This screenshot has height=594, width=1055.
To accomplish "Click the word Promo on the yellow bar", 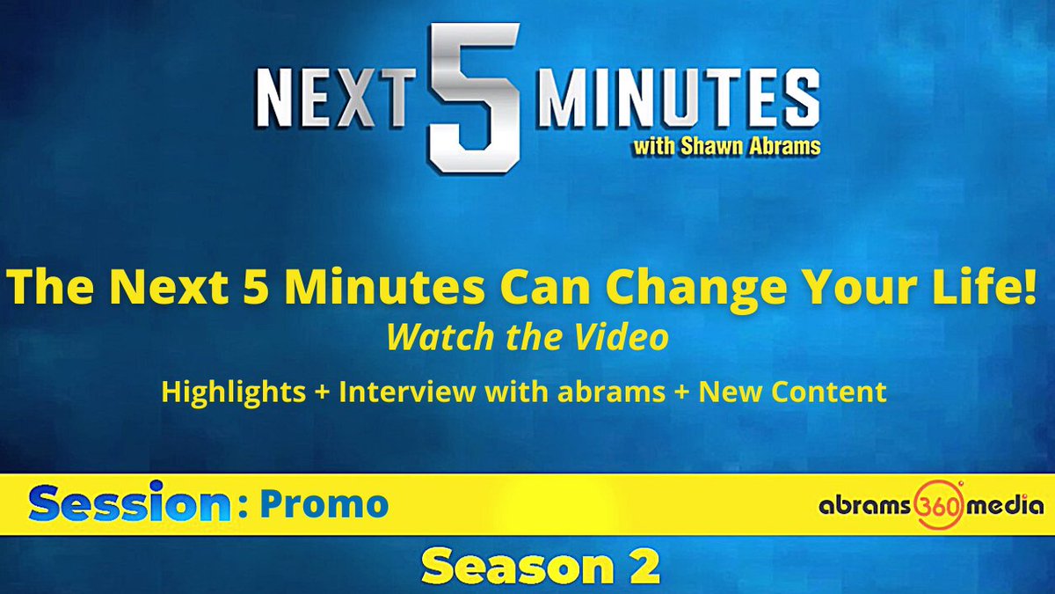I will click(x=324, y=504).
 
